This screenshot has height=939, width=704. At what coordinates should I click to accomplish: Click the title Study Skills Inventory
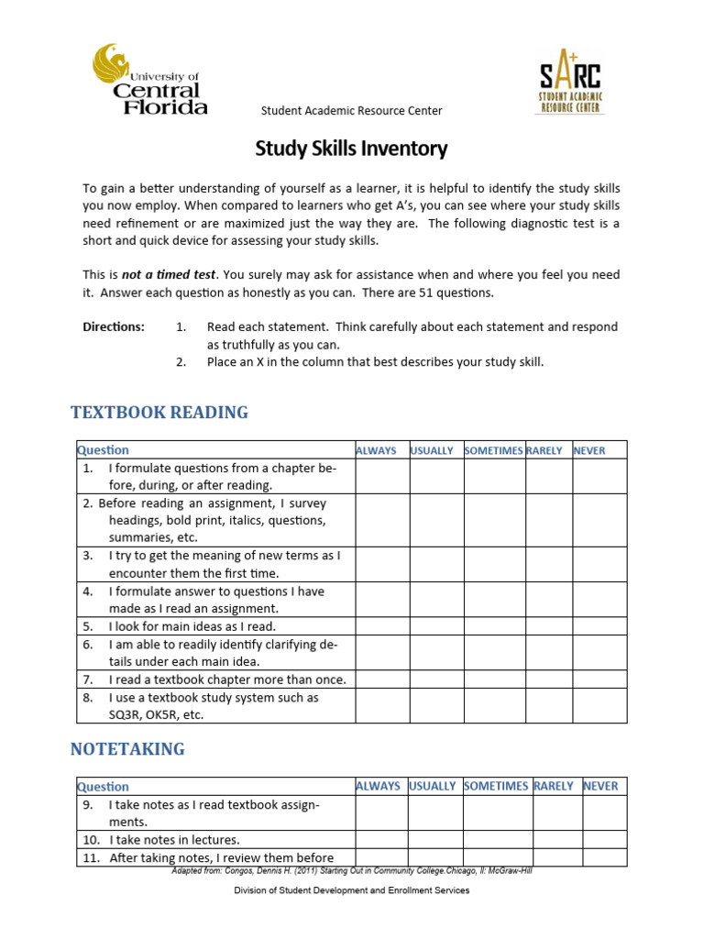pos(351,148)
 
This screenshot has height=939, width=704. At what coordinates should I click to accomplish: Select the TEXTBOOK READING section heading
pos(159,412)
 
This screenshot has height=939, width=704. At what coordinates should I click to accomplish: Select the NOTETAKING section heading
pos(127,748)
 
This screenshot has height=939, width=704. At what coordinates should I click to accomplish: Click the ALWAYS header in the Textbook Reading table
pos(376,450)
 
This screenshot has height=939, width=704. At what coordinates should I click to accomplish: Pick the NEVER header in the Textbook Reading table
pos(589,450)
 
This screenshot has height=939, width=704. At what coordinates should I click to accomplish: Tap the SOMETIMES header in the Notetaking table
pos(496,786)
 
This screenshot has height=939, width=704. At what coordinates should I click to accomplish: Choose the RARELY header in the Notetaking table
pos(554,786)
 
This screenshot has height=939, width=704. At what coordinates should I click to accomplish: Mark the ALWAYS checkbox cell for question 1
pos(382,476)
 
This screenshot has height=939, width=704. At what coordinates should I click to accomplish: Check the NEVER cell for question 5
pos(600,626)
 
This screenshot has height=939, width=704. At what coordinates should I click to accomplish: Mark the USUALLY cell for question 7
pos(436,679)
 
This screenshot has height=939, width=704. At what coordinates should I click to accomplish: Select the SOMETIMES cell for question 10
pos(496,839)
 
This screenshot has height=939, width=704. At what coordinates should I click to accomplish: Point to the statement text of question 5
pos(192,626)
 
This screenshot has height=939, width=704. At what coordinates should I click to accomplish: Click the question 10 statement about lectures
pos(174,839)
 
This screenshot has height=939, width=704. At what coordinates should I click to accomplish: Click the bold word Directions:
pos(114,326)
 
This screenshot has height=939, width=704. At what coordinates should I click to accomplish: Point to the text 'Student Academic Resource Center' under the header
pos(351,111)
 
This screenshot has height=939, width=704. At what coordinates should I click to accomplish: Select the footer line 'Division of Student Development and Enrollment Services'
pos(351,890)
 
